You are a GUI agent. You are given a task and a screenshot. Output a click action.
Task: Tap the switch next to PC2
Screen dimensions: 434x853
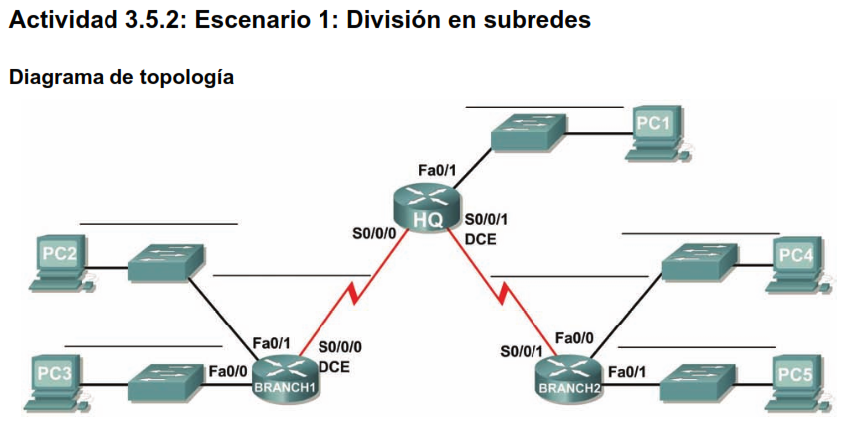pyautogui.click(x=166, y=261)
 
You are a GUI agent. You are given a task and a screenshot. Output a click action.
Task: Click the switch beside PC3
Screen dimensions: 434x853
pyautogui.click(x=166, y=377)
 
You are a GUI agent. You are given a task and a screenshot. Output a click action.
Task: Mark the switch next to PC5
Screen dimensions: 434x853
pyautogui.click(x=699, y=380)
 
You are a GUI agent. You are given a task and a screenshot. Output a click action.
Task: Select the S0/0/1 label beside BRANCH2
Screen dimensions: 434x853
pyautogui.click(x=522, y=351)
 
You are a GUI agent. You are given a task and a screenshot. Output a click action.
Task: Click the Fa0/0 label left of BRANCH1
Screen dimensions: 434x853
pyautogui.click(x=228, y=371)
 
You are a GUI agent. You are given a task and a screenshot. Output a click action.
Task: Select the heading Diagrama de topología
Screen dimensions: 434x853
pyautogui.click(x=120, y=77)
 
